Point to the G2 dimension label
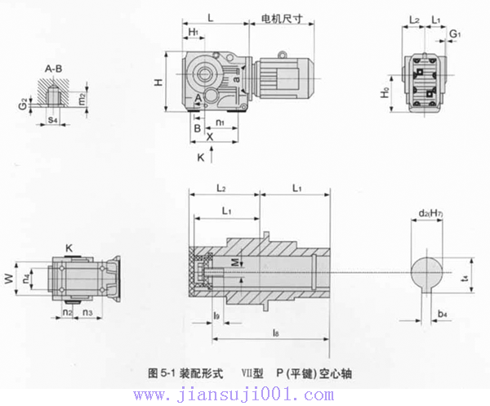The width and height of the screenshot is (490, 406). click(x=26, y=105)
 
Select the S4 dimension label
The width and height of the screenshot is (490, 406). click(x=53, y=120)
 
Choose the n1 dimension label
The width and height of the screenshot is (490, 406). click(x=220, y=123)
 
